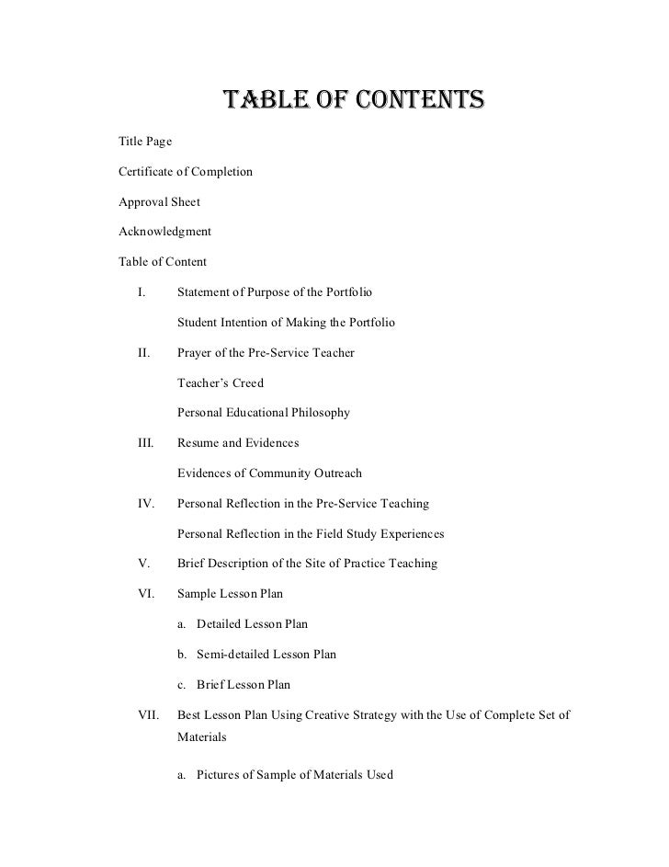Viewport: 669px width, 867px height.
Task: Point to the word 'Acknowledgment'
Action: coord(165,232)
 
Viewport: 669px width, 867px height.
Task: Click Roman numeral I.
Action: coord(142,292)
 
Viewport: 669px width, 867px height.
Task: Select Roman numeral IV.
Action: coord(145,504)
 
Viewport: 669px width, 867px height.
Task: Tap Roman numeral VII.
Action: coord(147,713)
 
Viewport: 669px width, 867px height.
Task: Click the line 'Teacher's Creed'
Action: coord(220,382)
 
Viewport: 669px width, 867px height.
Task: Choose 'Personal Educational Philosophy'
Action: coord(263,413)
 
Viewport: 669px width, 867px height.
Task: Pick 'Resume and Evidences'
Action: coord(237,443)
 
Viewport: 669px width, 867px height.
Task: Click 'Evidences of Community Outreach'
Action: coord(269,473)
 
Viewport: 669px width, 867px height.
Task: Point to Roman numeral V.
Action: coord(142,563)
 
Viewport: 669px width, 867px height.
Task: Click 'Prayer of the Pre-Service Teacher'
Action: coord(266,353)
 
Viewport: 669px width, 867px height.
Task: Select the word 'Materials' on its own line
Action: coord(201,736)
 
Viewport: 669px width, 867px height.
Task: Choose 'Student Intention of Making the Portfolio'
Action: coord(286,323)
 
